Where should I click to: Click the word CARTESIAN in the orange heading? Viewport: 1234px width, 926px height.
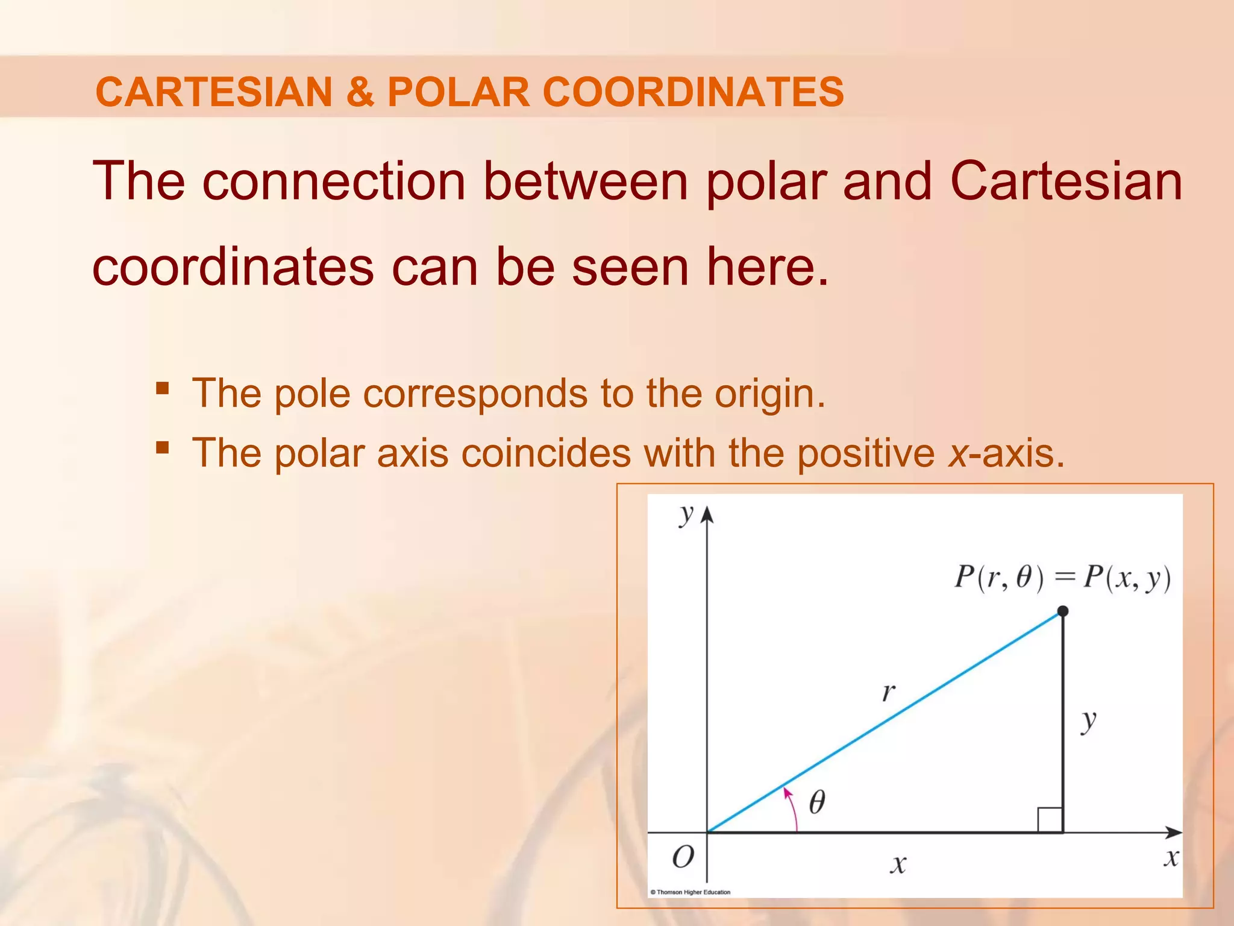213,92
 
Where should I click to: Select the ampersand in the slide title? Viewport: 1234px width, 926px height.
360,92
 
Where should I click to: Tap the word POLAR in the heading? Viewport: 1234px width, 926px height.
458,92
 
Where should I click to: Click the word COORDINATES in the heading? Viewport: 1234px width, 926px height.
693,92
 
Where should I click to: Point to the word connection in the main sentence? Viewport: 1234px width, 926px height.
334,181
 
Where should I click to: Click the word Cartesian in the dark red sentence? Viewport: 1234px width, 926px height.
1066,181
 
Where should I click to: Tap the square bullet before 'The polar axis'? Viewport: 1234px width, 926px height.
162,447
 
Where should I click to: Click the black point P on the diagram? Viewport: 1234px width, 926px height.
1063,611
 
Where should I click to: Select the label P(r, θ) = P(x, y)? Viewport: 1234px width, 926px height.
1062,578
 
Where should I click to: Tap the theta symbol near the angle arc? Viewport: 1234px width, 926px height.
817,802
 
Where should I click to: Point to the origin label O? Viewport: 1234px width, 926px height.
683,857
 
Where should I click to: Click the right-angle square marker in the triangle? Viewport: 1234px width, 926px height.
1050,820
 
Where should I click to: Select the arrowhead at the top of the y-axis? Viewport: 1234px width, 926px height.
707,514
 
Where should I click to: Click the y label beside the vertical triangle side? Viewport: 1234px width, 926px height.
1088,720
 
